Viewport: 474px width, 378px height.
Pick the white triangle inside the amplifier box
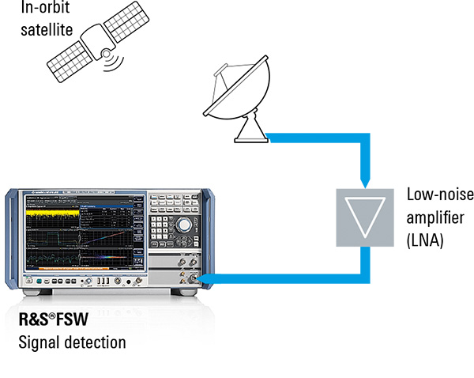[365, 212]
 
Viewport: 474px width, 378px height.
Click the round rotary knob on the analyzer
[185, 225]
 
